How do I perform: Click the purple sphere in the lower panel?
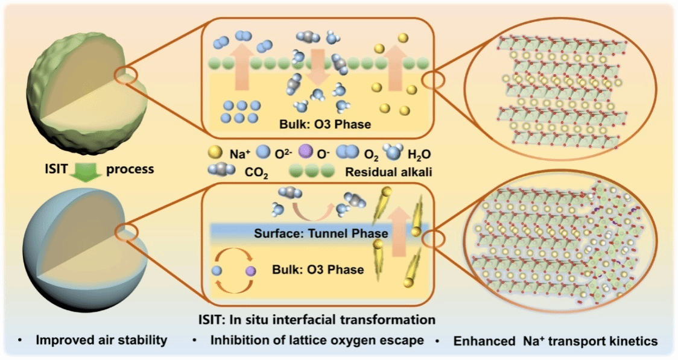[x=250, y=273]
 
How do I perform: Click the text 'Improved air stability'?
[x=101, y=341]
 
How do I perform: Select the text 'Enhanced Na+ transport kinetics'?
[x=555, y=341]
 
